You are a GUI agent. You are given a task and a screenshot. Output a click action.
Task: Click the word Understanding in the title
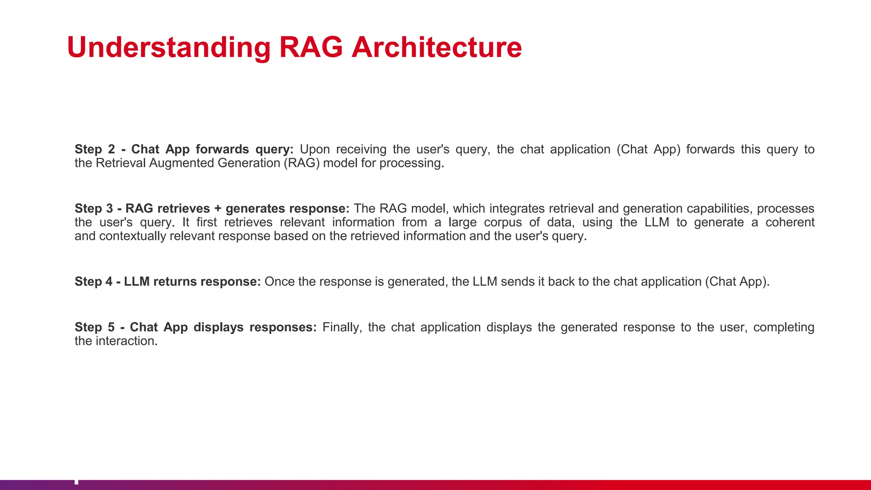[x=168, y=47]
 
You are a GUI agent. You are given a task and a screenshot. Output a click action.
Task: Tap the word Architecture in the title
[x=436, y=47]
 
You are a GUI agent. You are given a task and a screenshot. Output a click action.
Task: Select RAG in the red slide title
[x=310, y=47]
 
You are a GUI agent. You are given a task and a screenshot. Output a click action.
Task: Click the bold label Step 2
[x=95, y=149]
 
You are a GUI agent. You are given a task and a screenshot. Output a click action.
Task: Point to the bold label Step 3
[x=94, y=208]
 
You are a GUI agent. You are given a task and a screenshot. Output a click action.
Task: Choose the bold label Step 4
[x=94, y=282]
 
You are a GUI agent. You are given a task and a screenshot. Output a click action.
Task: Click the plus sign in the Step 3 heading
[x=218, y=209]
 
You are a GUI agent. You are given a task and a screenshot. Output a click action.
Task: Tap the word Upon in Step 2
[x=315, y=149]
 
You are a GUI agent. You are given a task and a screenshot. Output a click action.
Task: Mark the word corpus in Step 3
[x=503, y=222]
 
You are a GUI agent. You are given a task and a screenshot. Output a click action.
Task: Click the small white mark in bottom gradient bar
[x=77, y=482]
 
